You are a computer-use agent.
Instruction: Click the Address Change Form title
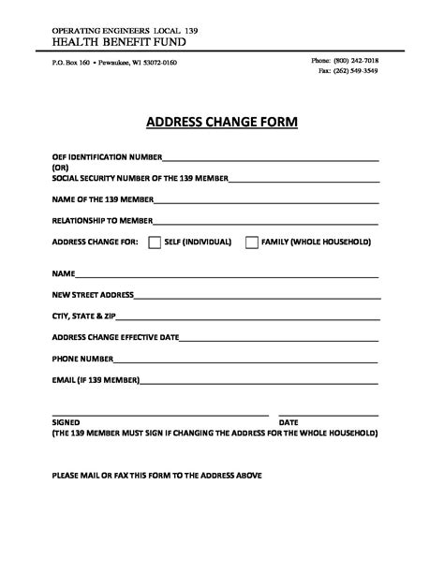[x=222, y=122]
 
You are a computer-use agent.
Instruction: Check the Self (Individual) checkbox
[x=155, y=243]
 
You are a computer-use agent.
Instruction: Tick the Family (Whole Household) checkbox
[x=252, y=243]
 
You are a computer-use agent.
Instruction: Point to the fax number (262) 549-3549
[x=348, y=71]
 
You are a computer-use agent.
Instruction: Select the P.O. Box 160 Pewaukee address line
[x=114, y=63]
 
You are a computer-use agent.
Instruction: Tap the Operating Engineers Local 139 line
[x=125, y=31]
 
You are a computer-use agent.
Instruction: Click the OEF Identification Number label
[x=108, y=157]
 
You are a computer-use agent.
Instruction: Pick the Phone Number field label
[x=82, y=359]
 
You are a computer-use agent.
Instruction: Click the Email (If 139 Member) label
[x=96, y=380]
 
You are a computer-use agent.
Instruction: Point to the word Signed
[x=67, y=423]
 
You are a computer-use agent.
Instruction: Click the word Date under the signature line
[x=289, y=423]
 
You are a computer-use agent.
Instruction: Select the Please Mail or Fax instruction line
[x=157, y=476]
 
